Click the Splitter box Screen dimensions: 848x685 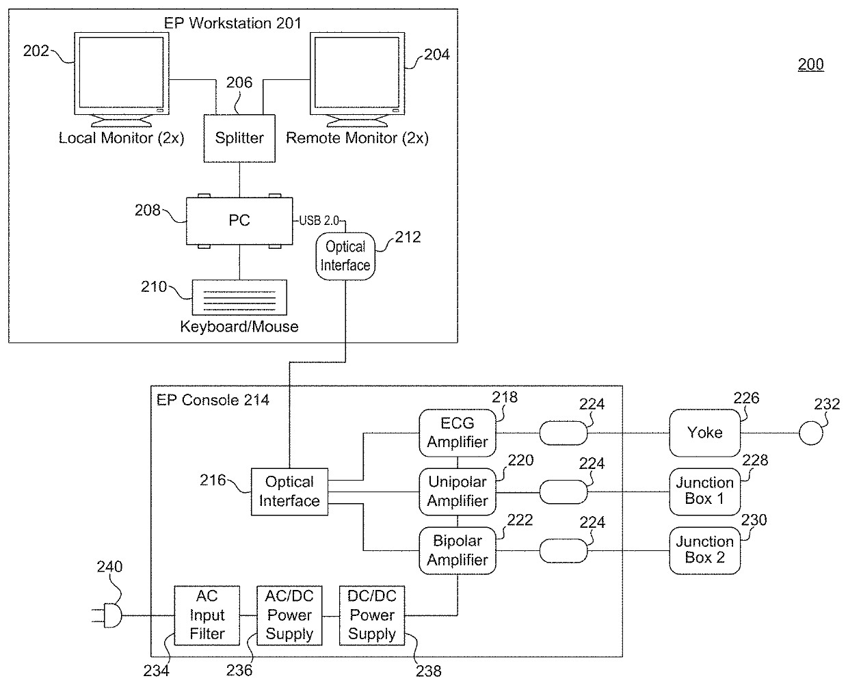click(x=239, y=138)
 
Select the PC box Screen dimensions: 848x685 click(x=239, y=221)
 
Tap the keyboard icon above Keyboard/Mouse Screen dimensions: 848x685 click(x=239, y=297)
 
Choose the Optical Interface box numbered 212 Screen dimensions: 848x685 click(x=345, y=256)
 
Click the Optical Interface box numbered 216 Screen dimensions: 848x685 click(x=289, y=492)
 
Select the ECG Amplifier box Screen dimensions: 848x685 click(x=458, y=433)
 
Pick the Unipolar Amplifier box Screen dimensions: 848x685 click(x=458, y=492)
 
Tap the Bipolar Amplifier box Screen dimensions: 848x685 click(x=458, y=550)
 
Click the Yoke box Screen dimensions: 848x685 click(x=704, y=433)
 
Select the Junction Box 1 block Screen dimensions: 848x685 click(x=704, y=492)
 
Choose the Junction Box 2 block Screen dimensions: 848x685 click(x=704, y=550)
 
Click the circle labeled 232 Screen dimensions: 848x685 click(x=811, y=433)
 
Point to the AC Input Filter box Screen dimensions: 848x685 click(x=207, y=615)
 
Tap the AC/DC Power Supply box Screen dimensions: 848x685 click(x=289, y=615)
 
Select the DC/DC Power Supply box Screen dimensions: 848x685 click(x=372, y=615)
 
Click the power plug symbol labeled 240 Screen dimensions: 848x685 click(x=107, y=615)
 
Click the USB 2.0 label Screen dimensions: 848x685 click(x=319, y=221)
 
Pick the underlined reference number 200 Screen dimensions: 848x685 click(x=810, y=65)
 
